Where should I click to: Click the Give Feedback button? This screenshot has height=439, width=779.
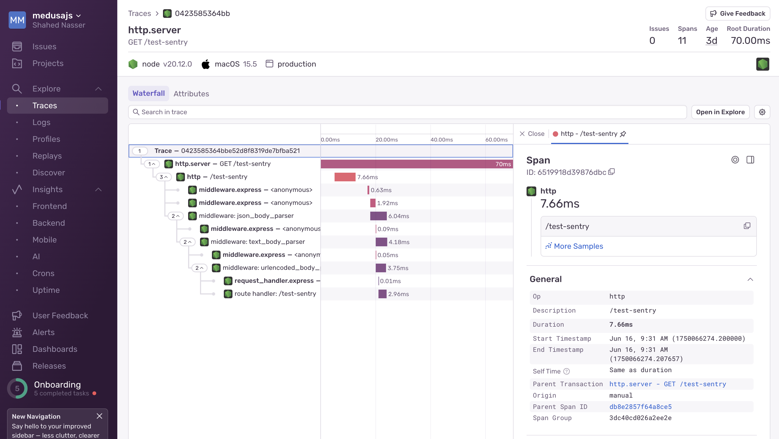point(738,14)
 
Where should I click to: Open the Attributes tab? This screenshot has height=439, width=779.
point(191,94)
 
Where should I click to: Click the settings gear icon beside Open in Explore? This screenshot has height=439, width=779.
point(762,112)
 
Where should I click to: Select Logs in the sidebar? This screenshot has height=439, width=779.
point(41,122)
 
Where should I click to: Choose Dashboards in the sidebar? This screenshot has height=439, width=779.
point(55,349)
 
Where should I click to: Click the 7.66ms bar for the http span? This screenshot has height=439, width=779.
point(345,177)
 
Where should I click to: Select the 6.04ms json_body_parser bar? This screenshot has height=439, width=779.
point(378,216)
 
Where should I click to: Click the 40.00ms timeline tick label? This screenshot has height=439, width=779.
point(441,140)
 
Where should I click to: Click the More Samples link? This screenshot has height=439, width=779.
point(578,246)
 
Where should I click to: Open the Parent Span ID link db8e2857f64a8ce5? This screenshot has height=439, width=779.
point(640,407)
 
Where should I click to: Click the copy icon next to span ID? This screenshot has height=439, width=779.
point(611,172)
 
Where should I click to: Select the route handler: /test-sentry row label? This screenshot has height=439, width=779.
point(275,294)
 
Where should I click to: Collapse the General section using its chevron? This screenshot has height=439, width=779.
point(750,279)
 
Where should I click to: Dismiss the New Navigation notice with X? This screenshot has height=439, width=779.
point(99,416)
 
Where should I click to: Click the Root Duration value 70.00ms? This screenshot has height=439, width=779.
point(750,41)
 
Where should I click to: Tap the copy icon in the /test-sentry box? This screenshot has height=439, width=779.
point(747,226)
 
